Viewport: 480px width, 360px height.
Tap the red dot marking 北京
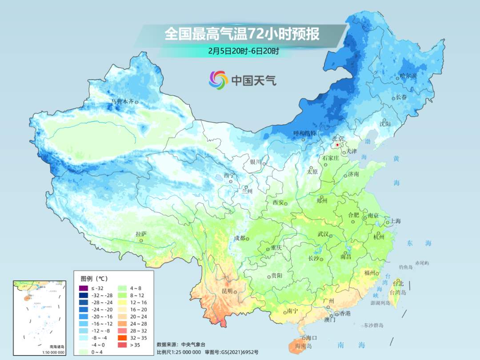(337, 145)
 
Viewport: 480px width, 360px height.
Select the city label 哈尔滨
(408, 76)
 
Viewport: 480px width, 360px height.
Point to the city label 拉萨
(140, 234)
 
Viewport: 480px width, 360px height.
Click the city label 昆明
(227, 291)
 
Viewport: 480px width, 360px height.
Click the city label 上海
(396, 221)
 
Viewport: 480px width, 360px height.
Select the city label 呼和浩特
(304, 133)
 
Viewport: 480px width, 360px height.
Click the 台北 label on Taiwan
(398, 284)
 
